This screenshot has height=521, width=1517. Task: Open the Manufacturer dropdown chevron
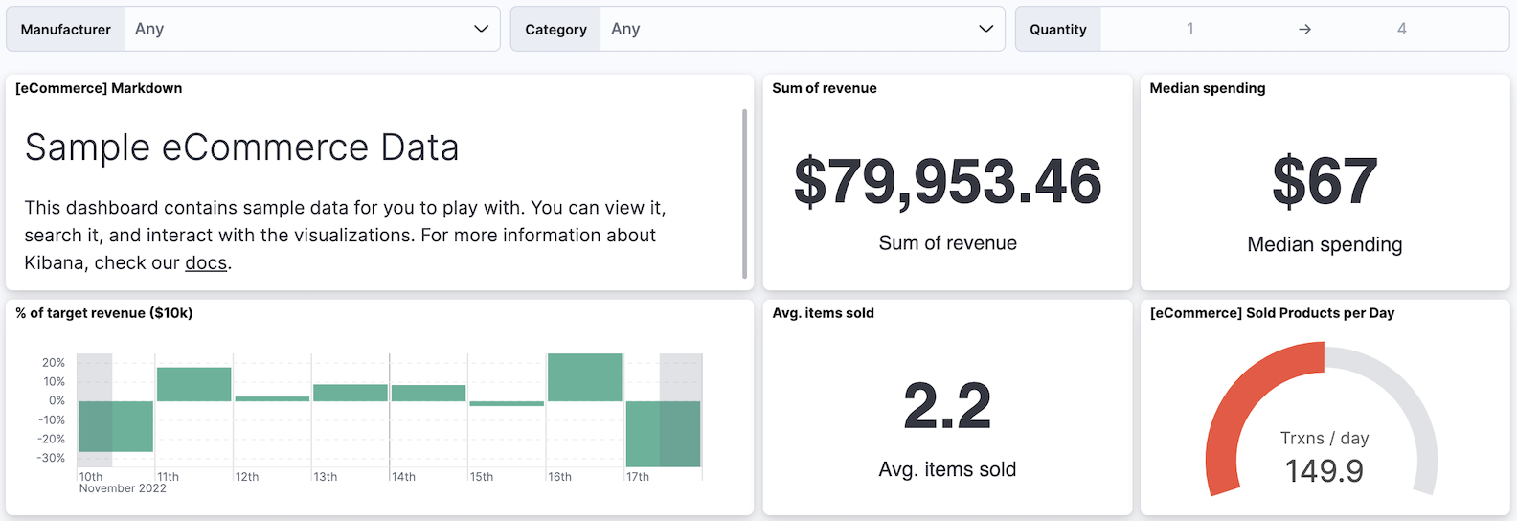coord(481,29)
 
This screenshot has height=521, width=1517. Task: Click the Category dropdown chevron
coord(985,29)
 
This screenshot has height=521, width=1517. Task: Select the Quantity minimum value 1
coord(1190,29)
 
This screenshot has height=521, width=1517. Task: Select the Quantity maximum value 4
coord(1401,29)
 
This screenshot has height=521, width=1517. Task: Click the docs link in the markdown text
coord(206,263)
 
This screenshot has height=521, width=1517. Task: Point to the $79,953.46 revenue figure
coord(947,181)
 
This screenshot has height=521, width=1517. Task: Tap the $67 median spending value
coord(1325,181)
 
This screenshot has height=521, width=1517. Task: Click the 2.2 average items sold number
coord(947,406)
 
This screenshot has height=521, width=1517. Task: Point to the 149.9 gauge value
coord(1324,470)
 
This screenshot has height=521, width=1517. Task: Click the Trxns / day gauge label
coord(1324,439)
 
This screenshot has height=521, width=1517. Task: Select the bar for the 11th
coord(193,384)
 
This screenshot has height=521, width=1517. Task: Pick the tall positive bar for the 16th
coord(584,377)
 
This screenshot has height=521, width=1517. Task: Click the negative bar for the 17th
coord(663,433)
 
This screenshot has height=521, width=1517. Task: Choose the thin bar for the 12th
coord(272,398)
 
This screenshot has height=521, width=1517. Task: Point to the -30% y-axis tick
coord(52,458)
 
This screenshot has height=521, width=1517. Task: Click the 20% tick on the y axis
coord(54,363)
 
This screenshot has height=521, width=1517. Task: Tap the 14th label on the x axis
coord(403,477)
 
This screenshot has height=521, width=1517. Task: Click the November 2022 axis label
coord(123,488)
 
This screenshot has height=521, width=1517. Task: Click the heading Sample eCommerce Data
coord(241,147)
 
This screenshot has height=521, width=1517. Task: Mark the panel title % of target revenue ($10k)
coord(103,313)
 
